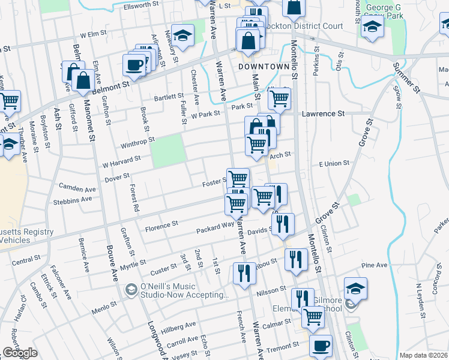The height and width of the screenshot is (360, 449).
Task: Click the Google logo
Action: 20,353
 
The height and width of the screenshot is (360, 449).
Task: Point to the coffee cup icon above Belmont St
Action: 134,65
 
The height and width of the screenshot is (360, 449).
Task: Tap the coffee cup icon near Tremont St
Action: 321,346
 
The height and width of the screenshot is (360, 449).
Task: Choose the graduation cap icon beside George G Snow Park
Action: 372,26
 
